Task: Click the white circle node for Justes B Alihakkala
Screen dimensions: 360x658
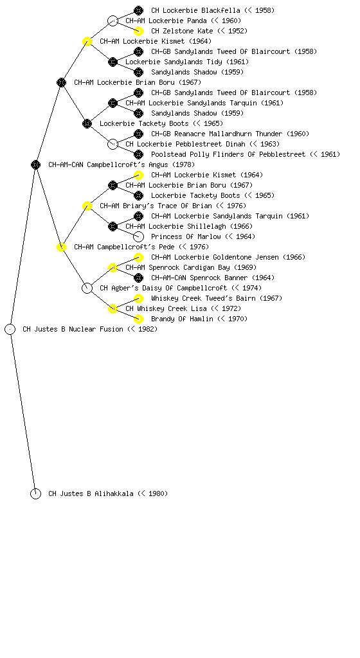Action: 35,493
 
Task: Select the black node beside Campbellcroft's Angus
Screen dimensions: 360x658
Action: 35,164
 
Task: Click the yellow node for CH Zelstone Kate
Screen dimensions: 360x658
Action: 138,31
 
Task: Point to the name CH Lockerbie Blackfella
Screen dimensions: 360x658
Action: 195,10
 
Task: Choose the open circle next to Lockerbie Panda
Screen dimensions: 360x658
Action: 113,21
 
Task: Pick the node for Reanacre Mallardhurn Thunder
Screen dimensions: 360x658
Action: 138,134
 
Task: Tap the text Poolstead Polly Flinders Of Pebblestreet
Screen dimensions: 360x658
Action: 228,154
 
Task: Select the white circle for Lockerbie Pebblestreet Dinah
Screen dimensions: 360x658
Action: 113,144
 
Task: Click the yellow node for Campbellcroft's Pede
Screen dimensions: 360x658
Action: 61,247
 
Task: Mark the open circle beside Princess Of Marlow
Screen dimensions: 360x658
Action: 138,236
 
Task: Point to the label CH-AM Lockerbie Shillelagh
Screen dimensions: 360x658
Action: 175,227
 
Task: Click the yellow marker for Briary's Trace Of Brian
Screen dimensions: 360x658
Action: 87,206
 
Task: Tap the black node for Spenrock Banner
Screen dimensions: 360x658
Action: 138,278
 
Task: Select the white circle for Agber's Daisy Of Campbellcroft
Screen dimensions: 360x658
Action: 87,288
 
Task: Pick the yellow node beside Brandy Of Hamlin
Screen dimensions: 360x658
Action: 138,319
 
